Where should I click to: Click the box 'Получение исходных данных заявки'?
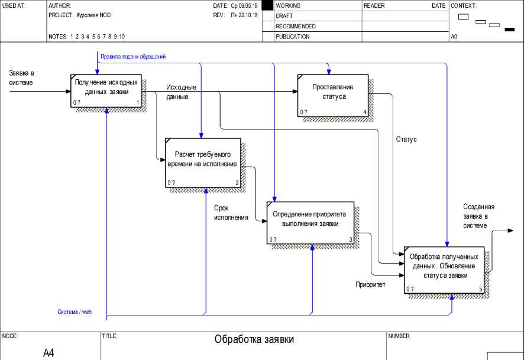coord(107,91)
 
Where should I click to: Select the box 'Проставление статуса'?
coord(333,95)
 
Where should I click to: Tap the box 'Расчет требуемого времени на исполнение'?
coord(202,163)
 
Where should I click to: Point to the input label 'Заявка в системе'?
coord(21,78)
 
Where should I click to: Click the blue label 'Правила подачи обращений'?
coord(133,57)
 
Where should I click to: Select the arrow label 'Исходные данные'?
coord(181,92)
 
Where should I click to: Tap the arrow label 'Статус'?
coord(406,140)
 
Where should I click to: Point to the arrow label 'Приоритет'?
coord(370,284)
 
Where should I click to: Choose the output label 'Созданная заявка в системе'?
coord(478,216)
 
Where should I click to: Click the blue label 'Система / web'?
coord(75,312)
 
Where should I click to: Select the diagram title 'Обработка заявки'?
coord(254,340)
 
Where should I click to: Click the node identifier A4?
coord(48,353)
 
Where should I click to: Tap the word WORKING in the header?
coord(288,5)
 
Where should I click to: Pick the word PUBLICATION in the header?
coord(292,37)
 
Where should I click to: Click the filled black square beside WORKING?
coord(267,5)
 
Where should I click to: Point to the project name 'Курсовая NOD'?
coord(93,15)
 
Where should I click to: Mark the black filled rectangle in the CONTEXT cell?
coord(509,29)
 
